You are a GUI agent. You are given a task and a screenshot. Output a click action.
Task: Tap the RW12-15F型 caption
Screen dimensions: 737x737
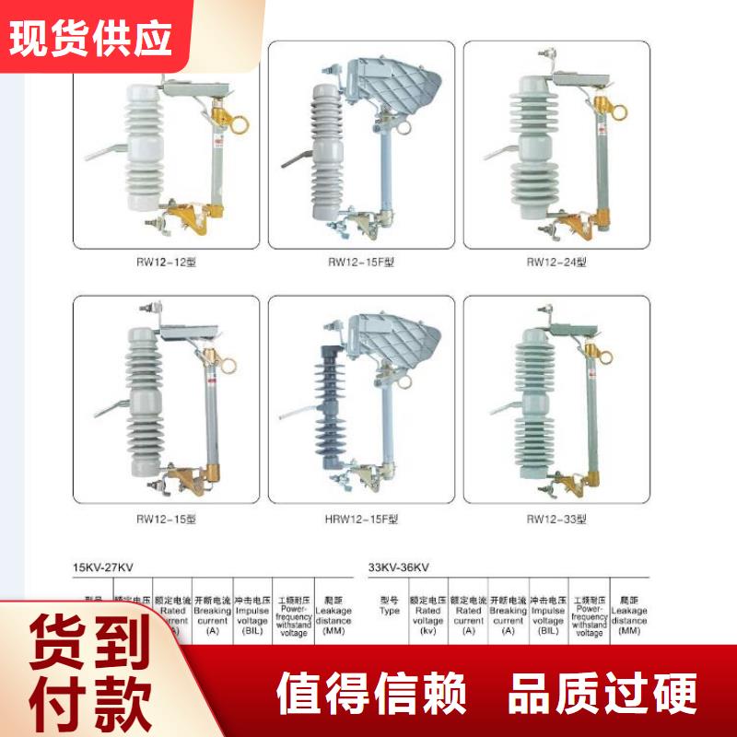361,262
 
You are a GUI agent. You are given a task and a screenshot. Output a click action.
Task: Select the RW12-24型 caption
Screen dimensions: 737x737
556,262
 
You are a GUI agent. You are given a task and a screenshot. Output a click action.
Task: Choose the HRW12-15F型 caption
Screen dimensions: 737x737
361,519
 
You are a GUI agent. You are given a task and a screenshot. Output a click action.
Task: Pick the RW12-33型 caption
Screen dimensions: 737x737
556,519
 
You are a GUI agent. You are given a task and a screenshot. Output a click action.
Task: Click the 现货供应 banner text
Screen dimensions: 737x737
93,36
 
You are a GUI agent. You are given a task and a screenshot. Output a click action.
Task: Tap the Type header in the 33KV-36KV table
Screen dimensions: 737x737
390,605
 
